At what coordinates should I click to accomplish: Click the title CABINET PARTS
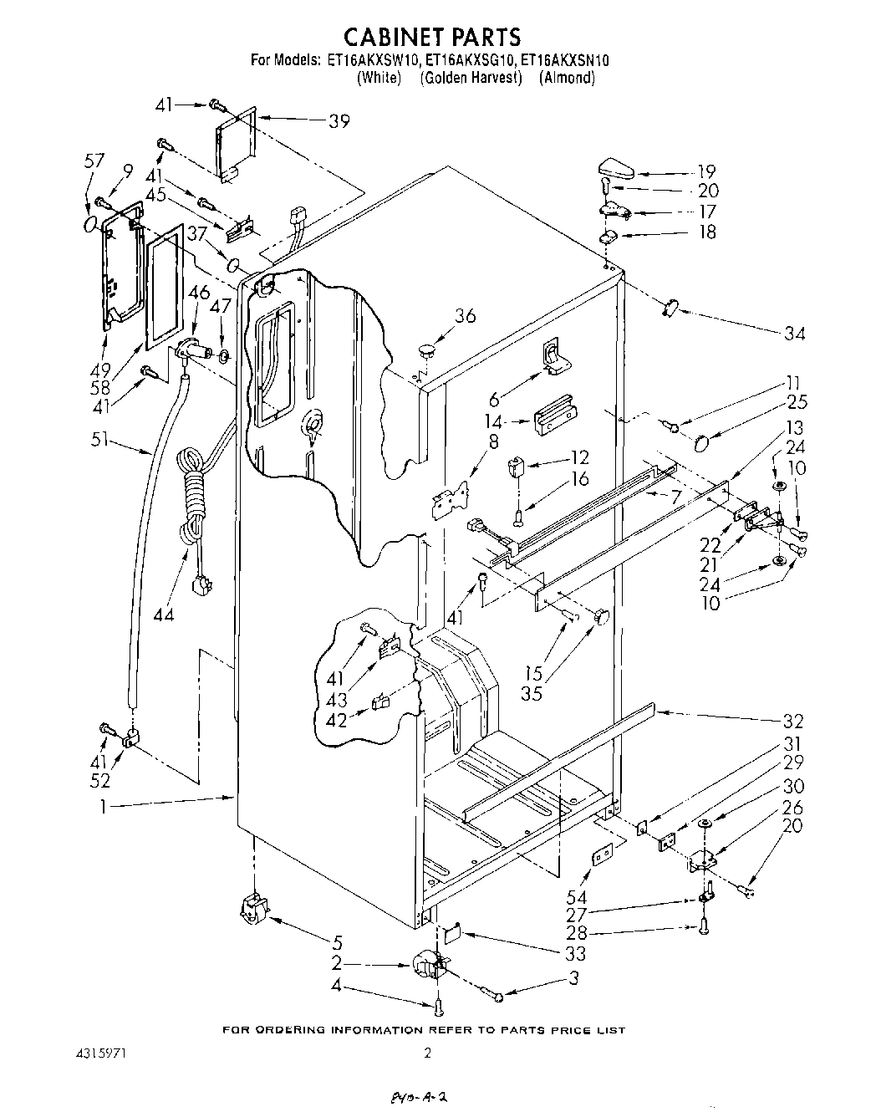point(433,38)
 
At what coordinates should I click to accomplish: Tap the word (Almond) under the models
point(567,78)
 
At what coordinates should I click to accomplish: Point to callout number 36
point(465,315)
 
